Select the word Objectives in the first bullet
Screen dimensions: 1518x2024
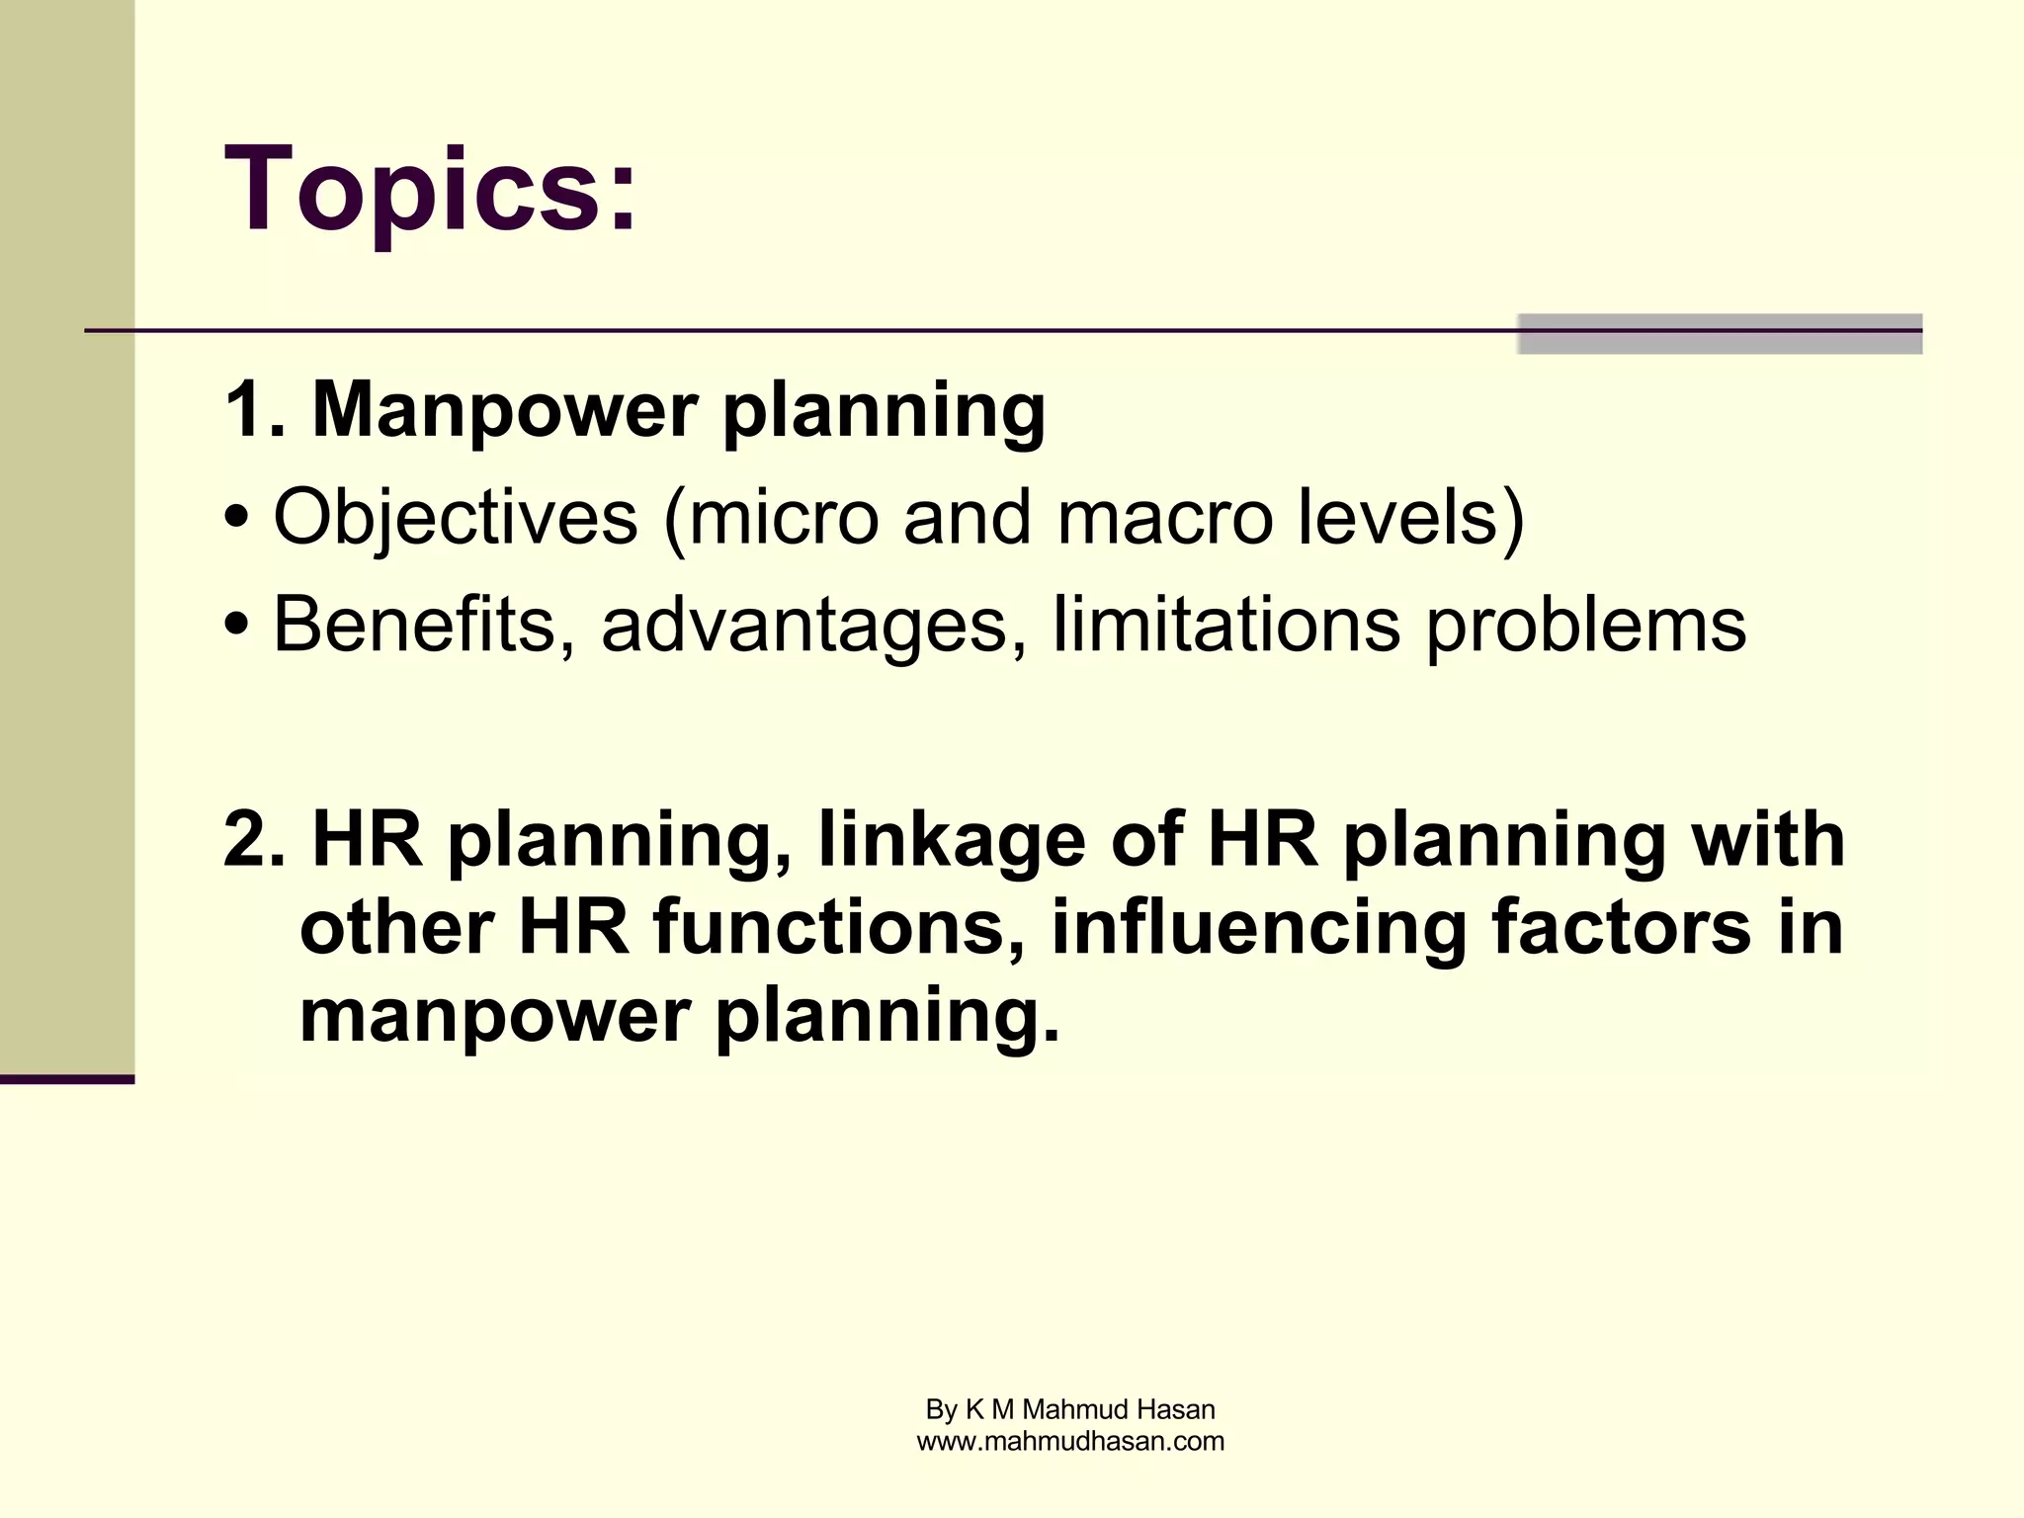pos(456,517)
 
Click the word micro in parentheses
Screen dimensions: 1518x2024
pos(783,517)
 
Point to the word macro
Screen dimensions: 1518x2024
pos(1164,517)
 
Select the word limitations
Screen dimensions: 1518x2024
pos(1225,625)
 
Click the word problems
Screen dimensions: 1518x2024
pos(1585,625)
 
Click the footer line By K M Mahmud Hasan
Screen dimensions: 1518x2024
pos(1070,1409)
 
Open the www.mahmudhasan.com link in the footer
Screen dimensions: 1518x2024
pos(1070,1441)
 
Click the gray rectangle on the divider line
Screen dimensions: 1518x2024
pos(1720,334)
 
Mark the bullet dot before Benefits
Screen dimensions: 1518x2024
pos(236,627)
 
